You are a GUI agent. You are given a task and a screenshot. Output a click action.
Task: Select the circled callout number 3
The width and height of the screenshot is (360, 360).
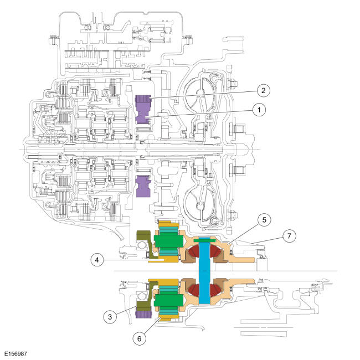(x=111, y=316)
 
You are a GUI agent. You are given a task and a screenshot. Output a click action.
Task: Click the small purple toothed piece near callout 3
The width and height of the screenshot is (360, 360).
(x=141, y=315)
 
